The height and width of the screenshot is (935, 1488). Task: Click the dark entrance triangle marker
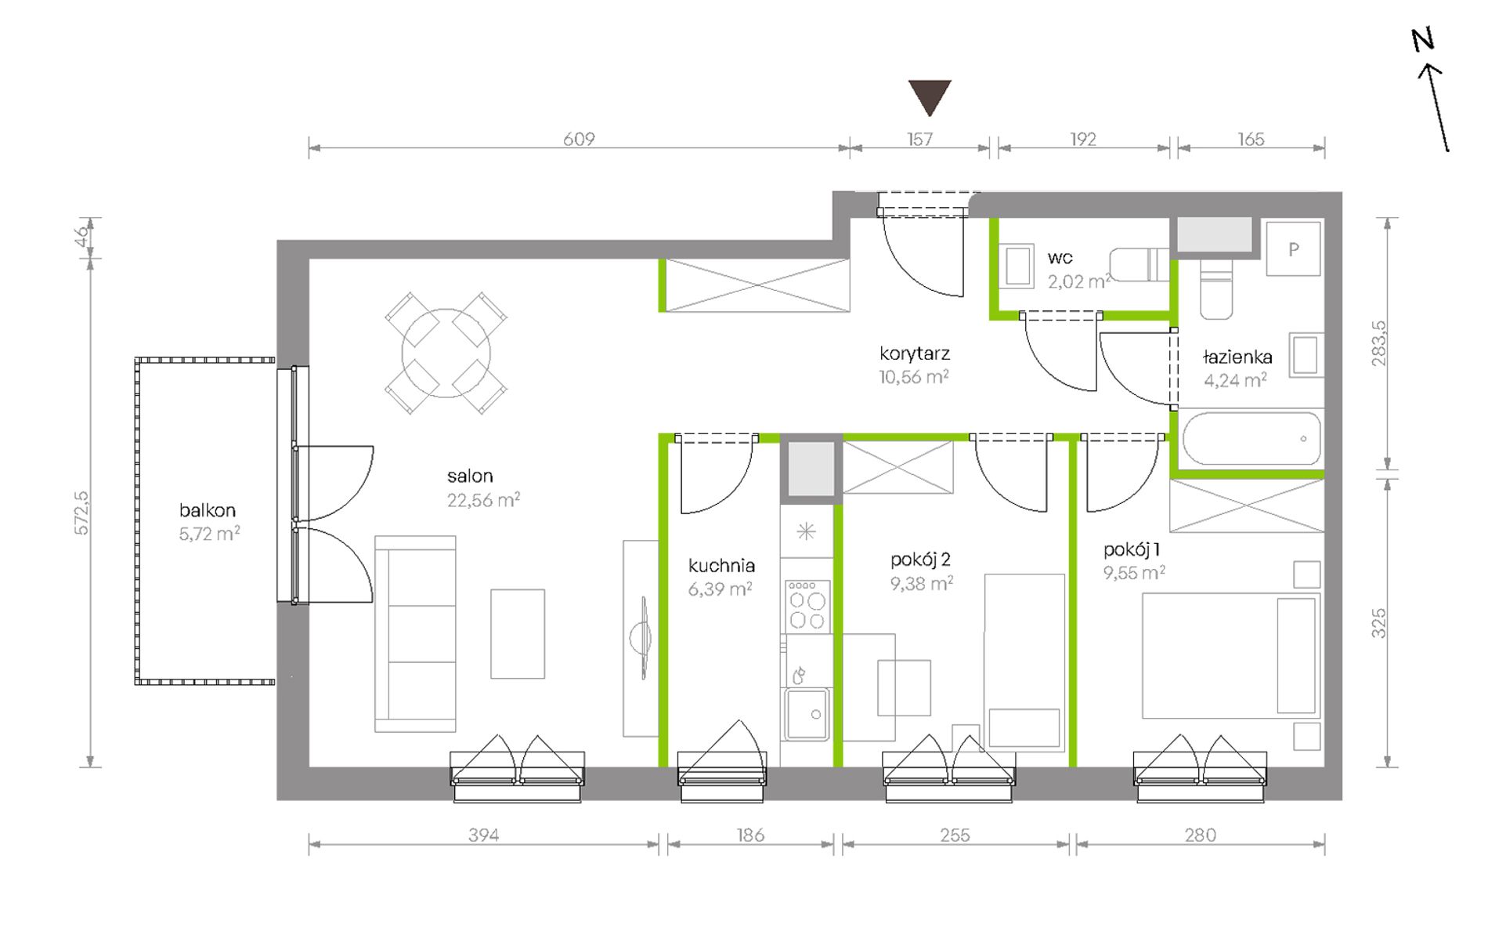pos(930,96)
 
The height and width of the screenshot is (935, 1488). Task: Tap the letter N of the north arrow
pos(1423,40)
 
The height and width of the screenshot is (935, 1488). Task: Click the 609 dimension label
pos(579,139)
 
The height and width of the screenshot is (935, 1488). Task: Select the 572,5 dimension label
pos(81,513)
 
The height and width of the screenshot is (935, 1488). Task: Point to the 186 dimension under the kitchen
pos(749,835)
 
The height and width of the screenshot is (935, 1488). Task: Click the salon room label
pos(470,476)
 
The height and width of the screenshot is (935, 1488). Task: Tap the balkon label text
pos(207,510)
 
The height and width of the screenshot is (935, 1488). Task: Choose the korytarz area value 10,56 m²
pos(914,377)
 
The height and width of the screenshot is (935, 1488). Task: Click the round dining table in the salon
pos(446,353)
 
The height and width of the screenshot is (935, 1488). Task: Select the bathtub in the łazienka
pos(1251,439)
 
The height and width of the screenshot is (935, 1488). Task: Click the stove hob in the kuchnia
pos(807,604)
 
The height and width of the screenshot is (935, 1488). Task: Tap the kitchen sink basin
pos(807,714)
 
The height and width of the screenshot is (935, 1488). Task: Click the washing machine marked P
pos(1294,248)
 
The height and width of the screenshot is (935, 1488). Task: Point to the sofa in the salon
pos(415,634)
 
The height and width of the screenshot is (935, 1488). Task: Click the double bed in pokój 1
pos(1231,656)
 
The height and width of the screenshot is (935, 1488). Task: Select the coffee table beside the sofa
pos(518,634)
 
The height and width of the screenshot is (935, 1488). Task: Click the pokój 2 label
pos(920,560)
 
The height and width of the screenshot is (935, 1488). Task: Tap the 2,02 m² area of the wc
pos(1079,281)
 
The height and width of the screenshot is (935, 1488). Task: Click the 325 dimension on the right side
pos(1379,623)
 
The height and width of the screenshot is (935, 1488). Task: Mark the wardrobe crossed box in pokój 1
pos(1247,506)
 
